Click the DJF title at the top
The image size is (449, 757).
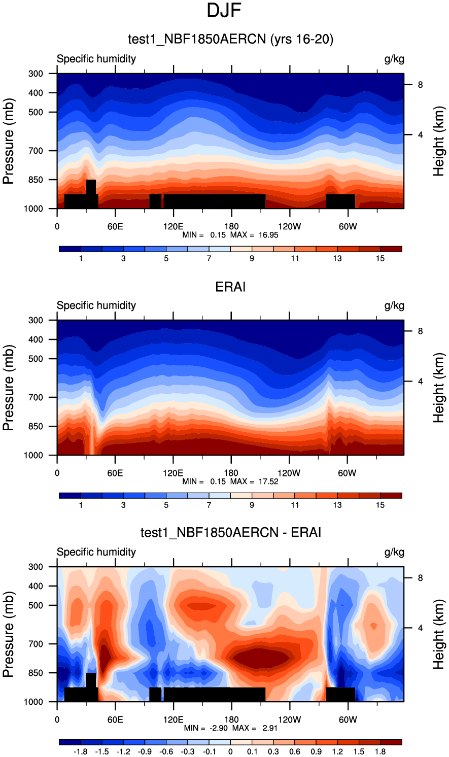224,11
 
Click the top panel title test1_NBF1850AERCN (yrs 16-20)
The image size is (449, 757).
230,39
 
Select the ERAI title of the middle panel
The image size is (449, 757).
230,287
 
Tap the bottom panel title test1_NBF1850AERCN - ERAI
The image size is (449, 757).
230,532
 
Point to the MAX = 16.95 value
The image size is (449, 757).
254,235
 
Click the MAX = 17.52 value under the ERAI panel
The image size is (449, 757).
254,481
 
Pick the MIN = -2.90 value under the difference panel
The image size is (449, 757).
205,728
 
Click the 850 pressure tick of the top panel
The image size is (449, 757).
36,180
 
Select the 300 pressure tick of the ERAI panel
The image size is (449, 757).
36,320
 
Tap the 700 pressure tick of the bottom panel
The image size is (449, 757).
36,644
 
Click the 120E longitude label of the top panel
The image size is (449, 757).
173,226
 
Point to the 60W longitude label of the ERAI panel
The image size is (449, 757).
348,473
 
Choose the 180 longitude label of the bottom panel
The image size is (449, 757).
231,719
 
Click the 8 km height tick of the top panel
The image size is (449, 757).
420,85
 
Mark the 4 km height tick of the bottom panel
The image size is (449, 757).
420,628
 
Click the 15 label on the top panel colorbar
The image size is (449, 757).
380,259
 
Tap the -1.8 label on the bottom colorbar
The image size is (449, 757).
81,752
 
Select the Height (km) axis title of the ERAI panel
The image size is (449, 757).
439,388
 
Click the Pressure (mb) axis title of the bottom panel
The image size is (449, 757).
9,634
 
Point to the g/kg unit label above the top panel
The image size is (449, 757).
394,59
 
